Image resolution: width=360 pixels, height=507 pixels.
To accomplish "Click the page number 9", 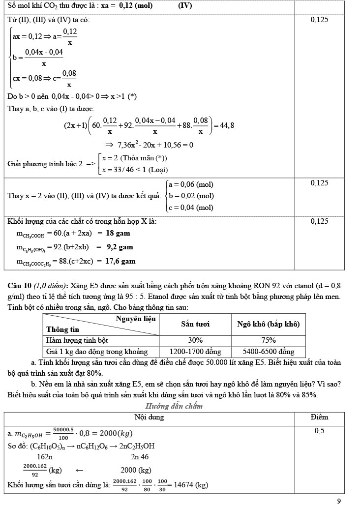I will click(339, 501).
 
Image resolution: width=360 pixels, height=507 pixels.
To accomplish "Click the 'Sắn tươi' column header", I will click(195, 324).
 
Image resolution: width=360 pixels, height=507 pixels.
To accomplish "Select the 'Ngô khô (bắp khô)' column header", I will click(268, 324).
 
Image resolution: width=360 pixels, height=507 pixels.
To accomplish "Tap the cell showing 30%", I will click(195, 340).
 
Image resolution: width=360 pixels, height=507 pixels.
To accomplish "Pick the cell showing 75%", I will click(268, 340).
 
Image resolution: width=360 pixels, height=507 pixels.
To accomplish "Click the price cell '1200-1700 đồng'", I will click(195, 352).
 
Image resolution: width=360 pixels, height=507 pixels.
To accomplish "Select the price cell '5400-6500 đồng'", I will click(268, 352).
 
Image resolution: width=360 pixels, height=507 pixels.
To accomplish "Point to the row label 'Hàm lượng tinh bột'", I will click(77, 340).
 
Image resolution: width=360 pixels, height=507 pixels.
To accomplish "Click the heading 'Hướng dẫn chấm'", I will click(174, 406).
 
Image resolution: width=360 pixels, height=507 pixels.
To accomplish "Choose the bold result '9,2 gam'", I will click(120, 247).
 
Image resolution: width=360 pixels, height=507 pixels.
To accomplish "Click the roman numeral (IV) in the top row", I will click(185, 6).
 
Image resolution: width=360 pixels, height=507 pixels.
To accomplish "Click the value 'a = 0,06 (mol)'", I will click(191, 184).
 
